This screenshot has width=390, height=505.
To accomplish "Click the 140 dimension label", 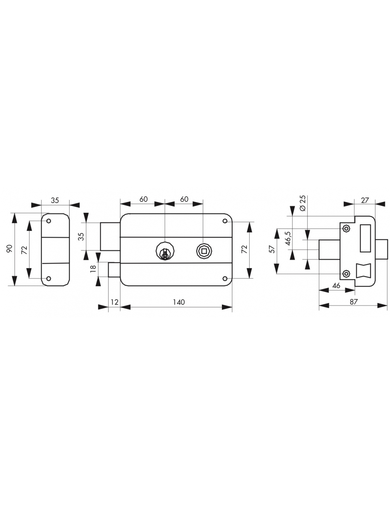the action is point(179,302).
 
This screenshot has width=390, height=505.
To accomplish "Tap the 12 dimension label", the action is point(115,302).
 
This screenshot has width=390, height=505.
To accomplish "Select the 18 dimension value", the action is point(93,268).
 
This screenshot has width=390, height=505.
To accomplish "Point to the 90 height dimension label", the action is point(10,249).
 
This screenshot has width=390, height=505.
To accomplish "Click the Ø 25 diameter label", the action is point(303,203).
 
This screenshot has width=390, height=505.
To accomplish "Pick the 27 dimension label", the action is point(365,200).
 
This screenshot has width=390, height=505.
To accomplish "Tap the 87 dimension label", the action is point(353,302).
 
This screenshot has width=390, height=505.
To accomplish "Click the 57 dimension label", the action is point(272,249).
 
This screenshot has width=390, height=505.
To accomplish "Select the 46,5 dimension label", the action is point(288,238).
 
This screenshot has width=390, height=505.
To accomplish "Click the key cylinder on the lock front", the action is point(165,251).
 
